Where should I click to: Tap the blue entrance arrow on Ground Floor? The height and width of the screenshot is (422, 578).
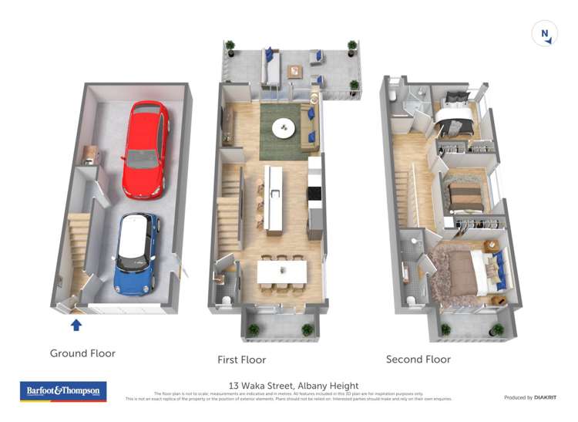[x=76, y=325]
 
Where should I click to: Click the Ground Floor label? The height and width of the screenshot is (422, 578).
[x=82, y=353]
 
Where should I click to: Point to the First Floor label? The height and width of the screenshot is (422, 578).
[x=241, y=360]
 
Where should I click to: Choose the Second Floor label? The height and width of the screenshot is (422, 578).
[x=418, y=359]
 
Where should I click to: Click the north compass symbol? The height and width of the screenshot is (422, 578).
[x=544, y=34]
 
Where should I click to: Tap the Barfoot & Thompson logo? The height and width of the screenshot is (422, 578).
[x=62, y=391]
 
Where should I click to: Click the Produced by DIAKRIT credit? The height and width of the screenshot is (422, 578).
[x=530, y=397]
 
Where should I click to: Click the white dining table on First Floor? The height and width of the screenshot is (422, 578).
[x=281, y=271]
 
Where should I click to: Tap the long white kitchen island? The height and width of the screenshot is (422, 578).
[x=274, y=199]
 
